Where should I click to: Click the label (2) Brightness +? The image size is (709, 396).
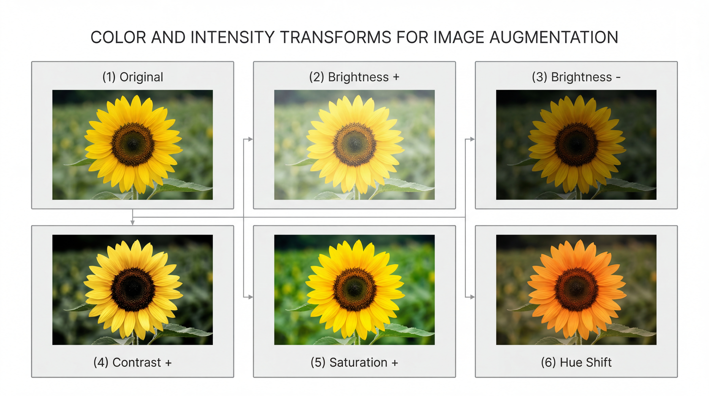pyautogui.click(x=354, y=77)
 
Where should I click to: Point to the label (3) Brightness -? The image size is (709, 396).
pyautogui.click(x=576, y=77)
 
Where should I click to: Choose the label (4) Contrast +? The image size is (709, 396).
pyautogui.click(x=133, y=362)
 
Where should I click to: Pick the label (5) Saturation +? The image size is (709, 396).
pyautogui.click(x=354, y=362)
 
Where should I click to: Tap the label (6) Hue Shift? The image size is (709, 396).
pyautogui.click(x=576, y=362)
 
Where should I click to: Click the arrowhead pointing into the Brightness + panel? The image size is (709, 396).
pyautogui.click(x=250, y=139)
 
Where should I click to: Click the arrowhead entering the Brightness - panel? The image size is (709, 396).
pyautogui.click(x=472, y=139)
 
